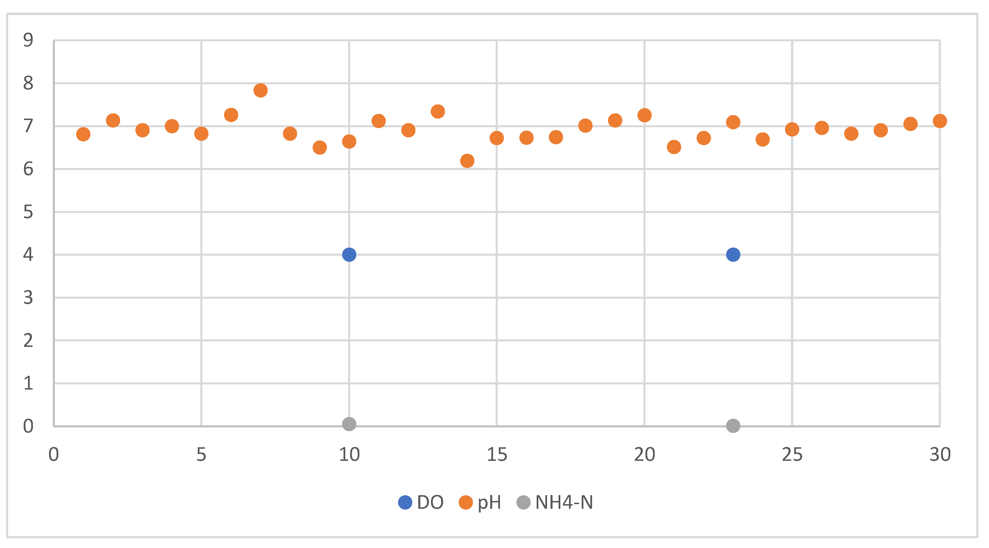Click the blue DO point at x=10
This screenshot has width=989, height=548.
349,255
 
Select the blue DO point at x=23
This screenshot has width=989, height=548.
733,255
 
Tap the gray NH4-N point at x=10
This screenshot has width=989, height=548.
349,424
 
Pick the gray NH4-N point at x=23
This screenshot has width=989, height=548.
733,426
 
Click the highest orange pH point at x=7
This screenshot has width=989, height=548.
260,91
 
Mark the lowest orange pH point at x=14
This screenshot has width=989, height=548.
467,161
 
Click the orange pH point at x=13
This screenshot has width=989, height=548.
438,112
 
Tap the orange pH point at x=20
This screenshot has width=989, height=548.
644,115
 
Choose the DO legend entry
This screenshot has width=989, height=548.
421,502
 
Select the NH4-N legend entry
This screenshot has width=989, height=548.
555,502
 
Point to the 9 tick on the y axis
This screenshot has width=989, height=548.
28,40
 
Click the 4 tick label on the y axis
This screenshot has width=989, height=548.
28,255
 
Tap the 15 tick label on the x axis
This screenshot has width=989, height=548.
497,455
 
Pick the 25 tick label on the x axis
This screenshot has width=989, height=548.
792,455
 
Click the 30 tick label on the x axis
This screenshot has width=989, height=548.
940,455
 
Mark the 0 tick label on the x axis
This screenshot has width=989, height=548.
54,455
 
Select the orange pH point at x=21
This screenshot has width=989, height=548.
674,147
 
